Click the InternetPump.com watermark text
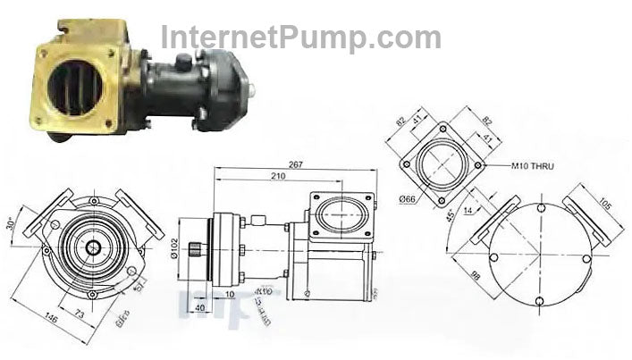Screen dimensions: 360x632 point(300,38)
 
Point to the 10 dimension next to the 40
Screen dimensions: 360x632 point(231,294)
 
